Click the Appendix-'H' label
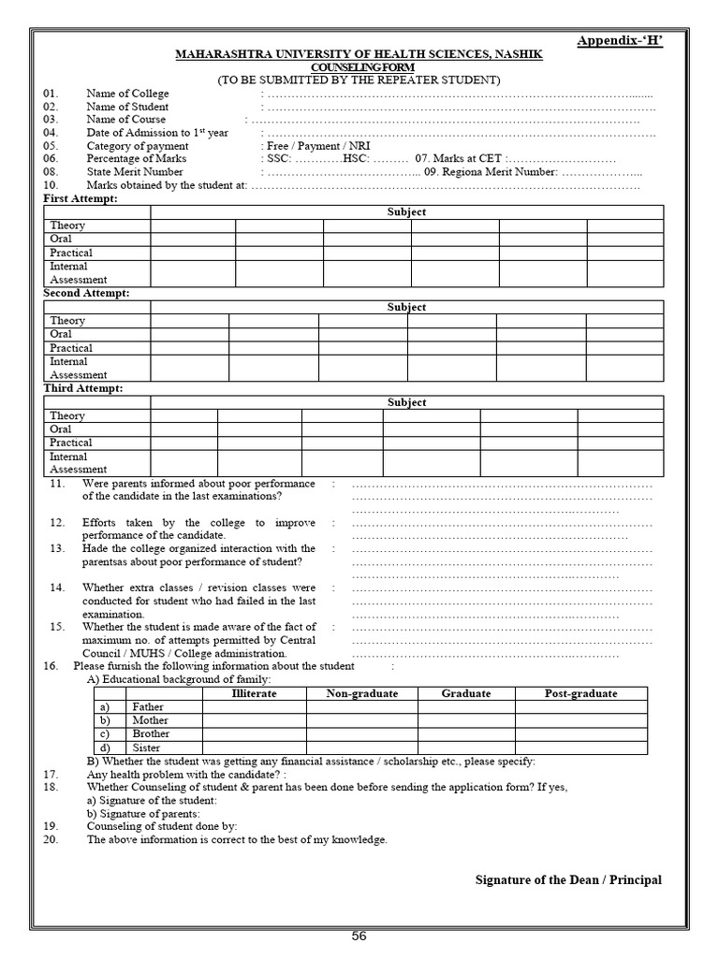pos(620,41)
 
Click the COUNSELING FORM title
pos(359,67)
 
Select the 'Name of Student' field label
pos(127,107)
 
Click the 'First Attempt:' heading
pos(81,199)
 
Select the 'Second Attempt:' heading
pos(86,294)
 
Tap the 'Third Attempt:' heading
pos(83,388)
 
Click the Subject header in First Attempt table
pos(406,212)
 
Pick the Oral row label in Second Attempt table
pos(61,334)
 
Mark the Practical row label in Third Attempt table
pos(71,443)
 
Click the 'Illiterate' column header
pos(254,693)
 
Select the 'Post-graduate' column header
pos(580,693)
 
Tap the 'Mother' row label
pos(151,720)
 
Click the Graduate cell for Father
pos(465,707)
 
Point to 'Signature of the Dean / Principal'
pos(568,879)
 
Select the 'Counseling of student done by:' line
pos(162,826)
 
